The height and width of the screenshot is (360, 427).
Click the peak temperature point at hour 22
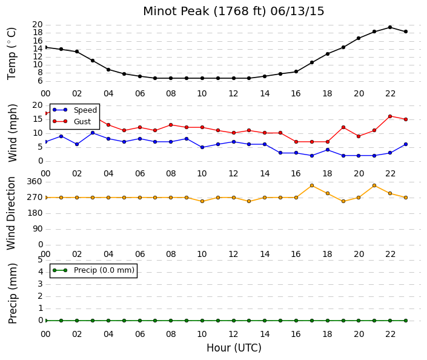(x=390, y=27)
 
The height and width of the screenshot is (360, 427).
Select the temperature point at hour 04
(x=108, y=70)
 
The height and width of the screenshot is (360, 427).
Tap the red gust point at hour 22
(x=390, y=116)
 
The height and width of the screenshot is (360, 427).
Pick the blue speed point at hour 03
(x=93, y=133)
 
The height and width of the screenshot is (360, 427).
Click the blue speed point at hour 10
(x=202, y=147)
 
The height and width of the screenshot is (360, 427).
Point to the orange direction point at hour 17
(x=312, y=185)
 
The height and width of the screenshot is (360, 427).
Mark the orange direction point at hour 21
(x=374, y=185)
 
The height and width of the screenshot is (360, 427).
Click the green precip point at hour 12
(x=234, y=321)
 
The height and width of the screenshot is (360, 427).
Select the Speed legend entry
(x=74, y=110)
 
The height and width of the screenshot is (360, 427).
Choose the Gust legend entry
(x=71, y=121)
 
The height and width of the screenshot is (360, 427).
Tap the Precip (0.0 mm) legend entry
(x=93, y=270)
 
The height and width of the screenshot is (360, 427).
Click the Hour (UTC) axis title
(x=234, y=348)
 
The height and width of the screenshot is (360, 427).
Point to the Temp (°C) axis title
(x=12, y=53)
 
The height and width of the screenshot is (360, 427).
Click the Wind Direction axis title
(x=11, y=213)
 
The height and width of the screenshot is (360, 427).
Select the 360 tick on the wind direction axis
(x=35, y=181)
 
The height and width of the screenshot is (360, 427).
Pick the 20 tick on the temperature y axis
(x=38, y=24)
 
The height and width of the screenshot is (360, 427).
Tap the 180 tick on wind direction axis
(x=35, y=213)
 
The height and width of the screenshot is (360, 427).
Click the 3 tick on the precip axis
(x=41, y=284)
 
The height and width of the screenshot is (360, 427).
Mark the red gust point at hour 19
(x=343, y=127)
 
